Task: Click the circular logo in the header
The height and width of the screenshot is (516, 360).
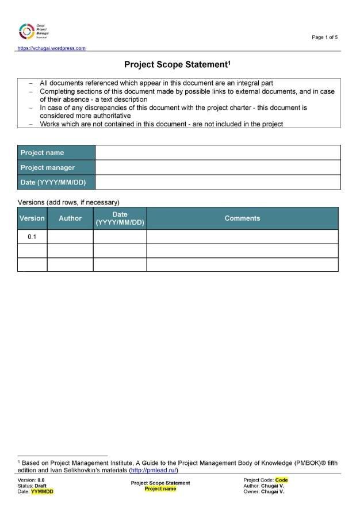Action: pyautogui.click(x=26, y=32)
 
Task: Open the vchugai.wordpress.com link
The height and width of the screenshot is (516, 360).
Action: pyautogui.click(x=52, y=48)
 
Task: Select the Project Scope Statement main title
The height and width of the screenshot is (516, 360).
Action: pyautogui.click(x=177, y=64)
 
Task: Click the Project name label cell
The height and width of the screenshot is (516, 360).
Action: pyautogui.click(x=56, y=153)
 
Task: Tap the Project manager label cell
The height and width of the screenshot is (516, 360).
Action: pyautogui.click(x=56, y=168)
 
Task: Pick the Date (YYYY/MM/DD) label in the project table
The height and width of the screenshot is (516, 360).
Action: pyautogui.click(x=56, y=183)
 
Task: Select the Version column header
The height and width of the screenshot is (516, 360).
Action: pyautogui.click(x=32, y=218)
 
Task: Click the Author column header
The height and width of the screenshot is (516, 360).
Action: pyautogui.click(x=70, y=218)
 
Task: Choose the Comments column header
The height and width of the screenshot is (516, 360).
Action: pyautogui.click(x=242, y=218)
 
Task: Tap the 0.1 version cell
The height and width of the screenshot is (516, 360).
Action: pyautogui.click(x=32, y=237)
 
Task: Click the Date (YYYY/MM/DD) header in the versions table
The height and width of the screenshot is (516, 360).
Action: pyautogui.click(x=120, y=218)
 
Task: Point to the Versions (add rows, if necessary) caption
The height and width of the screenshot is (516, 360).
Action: pyautogui.click(x=68, y=202)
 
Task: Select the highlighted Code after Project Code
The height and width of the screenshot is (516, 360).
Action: pyautogui.click(x=281, y=480)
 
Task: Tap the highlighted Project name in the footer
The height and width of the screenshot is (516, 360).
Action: pyautogui.click(x=160, y=489)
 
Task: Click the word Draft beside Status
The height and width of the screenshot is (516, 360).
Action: pyautogui.click(x=40, y=486)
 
